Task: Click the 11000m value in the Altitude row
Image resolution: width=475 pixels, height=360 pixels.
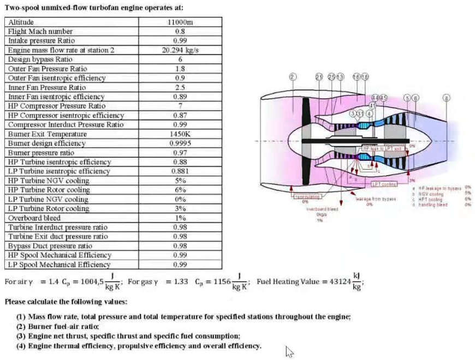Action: click(x=180, y=22)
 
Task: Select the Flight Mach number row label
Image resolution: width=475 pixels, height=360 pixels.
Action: click(x=40, y=32)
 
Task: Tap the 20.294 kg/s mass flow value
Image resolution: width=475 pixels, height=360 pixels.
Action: click(x=180, y=50)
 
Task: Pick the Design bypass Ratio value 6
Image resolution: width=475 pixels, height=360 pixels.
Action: click(x=180, y=59)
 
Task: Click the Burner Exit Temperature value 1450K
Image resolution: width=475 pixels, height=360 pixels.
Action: click(x=180, y=134)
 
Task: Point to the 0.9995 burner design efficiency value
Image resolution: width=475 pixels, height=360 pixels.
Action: click(x=180, y=143)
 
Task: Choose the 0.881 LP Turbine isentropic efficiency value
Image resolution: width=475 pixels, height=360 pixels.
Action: click(x=180, y=171)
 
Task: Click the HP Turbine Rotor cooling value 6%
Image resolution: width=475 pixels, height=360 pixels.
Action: click(x=180, y=190)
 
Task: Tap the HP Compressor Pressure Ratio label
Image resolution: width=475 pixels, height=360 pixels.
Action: click(x=57, y=106)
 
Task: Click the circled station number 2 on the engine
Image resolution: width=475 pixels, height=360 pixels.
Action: click(x=293, y=77)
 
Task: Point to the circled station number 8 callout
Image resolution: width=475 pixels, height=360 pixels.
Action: click(x=447, y=98)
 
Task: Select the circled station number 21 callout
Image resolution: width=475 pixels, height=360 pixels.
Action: click(x=319, y=77)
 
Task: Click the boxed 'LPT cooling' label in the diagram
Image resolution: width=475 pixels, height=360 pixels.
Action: click(x=384, y=184)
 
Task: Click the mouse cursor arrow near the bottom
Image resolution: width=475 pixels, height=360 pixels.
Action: click(x=289, y=351)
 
